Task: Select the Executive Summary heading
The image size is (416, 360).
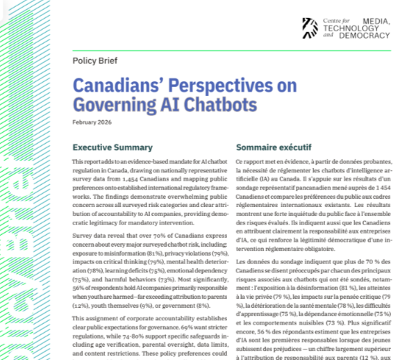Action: (x=113, y=148)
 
